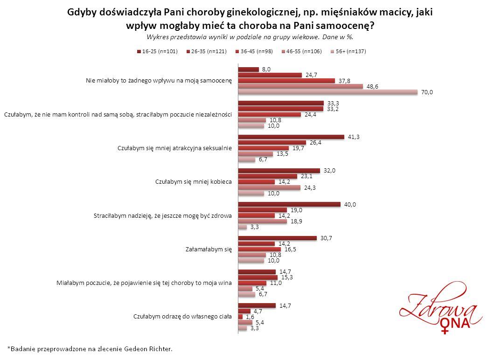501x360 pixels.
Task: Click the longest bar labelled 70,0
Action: click(327, 92)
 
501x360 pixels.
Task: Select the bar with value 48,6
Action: click(300, 86)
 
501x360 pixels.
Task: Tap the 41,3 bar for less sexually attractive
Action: click(291, 137)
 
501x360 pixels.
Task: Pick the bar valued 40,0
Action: click(289, 204)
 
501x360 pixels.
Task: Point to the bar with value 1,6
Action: click(240, 316)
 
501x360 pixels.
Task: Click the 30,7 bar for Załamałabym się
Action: click(277, 238)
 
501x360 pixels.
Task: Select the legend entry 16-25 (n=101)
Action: click(159, 51)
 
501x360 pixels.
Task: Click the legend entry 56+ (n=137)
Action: click(348, 51)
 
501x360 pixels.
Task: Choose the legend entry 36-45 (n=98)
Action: click(256, 51)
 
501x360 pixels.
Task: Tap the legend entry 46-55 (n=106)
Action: click(302, 51)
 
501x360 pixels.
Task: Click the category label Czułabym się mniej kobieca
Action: click(193, 182)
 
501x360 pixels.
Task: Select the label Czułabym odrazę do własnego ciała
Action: click(182, 317)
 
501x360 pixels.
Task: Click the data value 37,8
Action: click(345, 81)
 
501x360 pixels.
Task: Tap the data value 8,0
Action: click(266, 69)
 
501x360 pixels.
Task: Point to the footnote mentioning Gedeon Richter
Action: click(90, 348)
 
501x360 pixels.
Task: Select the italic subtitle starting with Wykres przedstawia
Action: click(250, 36)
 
